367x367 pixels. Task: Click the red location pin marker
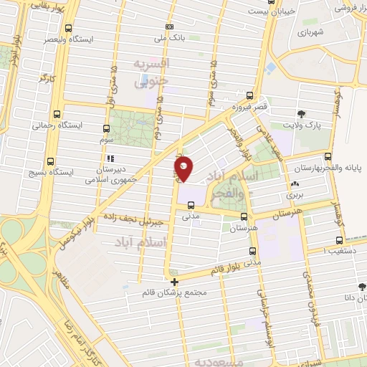click(x=183, y=166)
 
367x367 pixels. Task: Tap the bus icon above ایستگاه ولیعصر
click(x=68, y=29)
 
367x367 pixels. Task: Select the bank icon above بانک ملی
click(x=168, y=26)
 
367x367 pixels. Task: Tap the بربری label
click(x=295, y=195)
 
